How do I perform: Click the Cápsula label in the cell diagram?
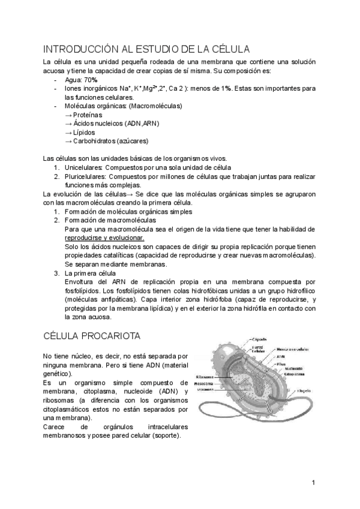pos(260,339)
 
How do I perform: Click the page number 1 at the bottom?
pos(313,482)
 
